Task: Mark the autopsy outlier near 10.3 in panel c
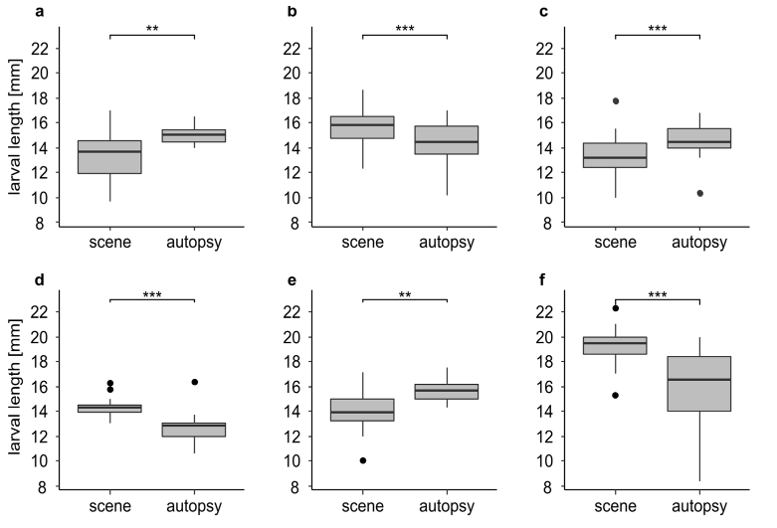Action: click(x=700, y=193)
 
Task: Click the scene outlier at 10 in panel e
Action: click(x=363, y=460)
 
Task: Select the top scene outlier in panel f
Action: click(x=617, y=308)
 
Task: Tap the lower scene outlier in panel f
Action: click(x=617, y=395)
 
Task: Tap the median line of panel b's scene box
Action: click(x=363, y=125)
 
